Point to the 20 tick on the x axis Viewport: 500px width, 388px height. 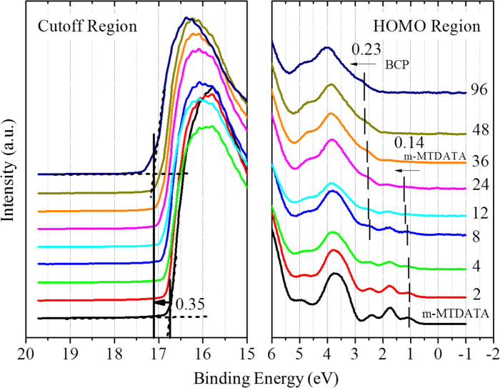click(x=26, y=352)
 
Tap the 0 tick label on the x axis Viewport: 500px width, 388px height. click(x=439, y=352)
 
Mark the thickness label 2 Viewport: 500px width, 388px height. click(x=477, y=294)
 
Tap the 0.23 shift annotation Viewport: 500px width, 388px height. click(x=365, y=49)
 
